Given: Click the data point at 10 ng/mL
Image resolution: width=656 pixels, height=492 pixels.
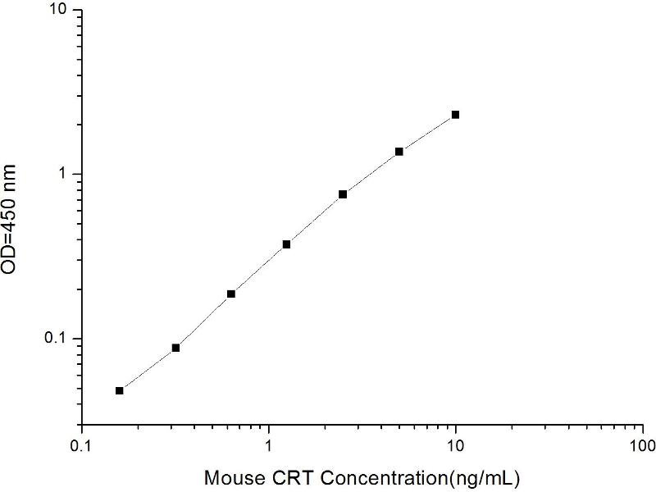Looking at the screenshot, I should [455, 115].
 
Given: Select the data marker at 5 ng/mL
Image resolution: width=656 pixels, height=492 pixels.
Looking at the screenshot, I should [399, 152].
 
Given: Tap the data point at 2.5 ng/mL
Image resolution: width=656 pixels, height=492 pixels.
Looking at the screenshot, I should [343, 194].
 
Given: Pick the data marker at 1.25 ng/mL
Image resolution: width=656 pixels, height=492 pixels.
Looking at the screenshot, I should [287, 244].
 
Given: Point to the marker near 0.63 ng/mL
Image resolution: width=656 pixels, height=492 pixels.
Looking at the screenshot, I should [231, 294].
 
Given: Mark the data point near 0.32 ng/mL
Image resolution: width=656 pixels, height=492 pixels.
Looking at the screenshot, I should [175, 348].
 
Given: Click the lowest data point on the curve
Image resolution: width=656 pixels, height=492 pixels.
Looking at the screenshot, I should [120, 390].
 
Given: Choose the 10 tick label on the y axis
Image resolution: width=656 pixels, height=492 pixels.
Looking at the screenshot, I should [61, 10].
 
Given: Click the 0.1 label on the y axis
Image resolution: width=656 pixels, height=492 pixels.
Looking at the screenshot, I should [59, 339].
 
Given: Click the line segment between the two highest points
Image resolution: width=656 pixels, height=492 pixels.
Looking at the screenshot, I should [427, 133].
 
